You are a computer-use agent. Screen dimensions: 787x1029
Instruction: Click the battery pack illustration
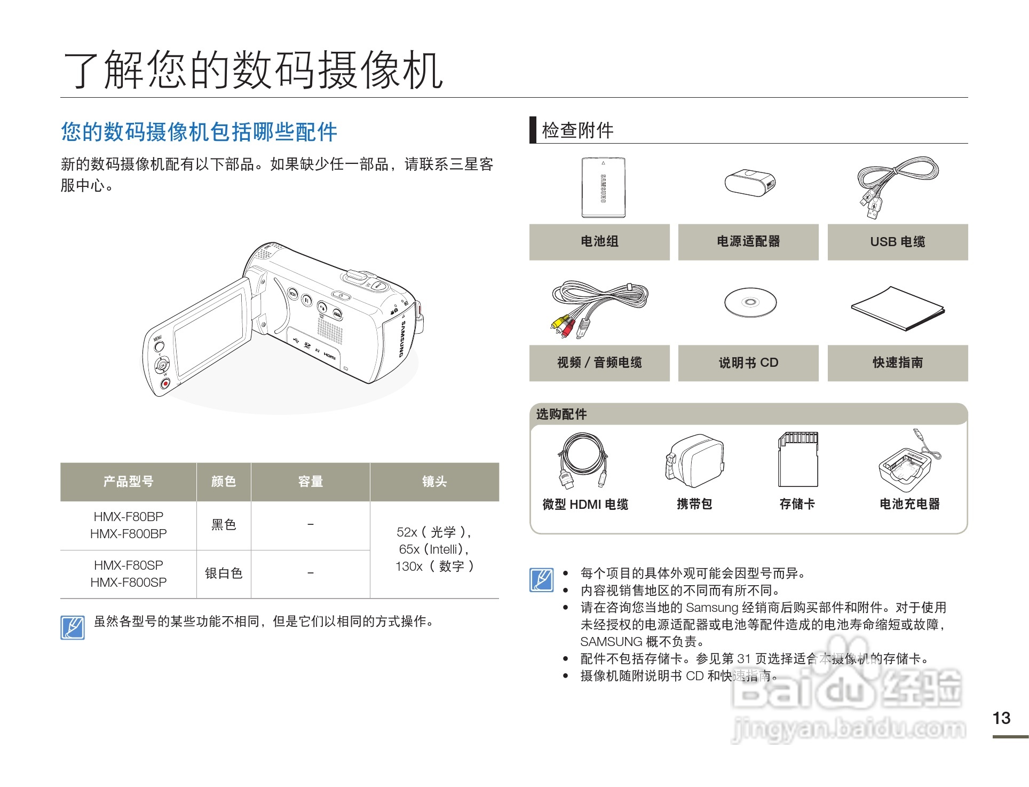[x=603, y=187]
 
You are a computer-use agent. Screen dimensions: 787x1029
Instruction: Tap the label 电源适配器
[x=748, y=242]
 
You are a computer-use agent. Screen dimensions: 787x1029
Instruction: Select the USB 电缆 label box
[x=897, y=242]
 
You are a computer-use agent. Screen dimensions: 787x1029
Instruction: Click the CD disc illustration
[x=750, y=302]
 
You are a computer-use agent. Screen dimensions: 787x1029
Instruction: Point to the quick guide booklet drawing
[x=898, y=309]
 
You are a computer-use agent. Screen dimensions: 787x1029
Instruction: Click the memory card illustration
[x=798, y=459]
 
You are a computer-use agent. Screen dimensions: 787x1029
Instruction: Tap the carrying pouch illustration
[x=694, y=461]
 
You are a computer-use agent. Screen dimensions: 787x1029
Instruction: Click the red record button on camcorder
[x=165, y=383]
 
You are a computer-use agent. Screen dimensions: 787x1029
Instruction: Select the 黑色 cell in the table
[x=224, y=525]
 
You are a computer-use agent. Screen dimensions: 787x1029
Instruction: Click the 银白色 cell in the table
[x=224, y=573]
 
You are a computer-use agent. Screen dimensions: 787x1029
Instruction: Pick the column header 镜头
[x=434, y=482]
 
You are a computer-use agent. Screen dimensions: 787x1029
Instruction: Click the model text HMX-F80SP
[x=128, y=565]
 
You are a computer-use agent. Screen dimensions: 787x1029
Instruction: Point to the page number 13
[x=1001, y=718]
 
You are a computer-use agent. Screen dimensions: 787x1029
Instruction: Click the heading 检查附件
[x=577, y=130]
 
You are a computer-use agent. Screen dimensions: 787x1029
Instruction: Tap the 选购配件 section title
[x=561, y=414]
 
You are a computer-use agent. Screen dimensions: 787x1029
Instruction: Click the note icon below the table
[x=73, y=627]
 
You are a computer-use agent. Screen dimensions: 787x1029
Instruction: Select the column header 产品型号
[x=128, y=482]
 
